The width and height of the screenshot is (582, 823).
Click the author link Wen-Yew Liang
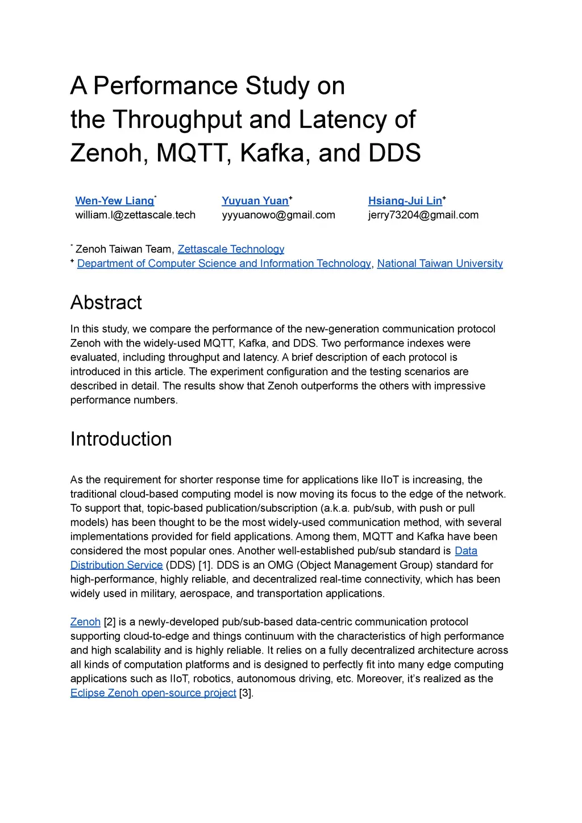click(x=114, y=201)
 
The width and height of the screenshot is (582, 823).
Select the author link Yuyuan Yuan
click(x=255, y=201)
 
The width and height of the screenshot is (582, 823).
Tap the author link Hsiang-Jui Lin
click(x=405, y=201)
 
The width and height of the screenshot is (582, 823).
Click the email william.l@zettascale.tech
click(x=135, y=215)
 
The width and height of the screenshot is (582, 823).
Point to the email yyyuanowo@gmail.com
click(x=278, y=215)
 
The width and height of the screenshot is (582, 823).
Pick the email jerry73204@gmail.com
click(x=423, y=215)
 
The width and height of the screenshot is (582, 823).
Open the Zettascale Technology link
click(x=231, y=249)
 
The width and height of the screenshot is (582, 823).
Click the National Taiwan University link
click(x=440, y=263)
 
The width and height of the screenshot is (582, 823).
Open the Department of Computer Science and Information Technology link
click(x=224, y=263)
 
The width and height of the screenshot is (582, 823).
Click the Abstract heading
click(x=106, y=303)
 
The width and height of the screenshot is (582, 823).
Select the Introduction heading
click(x=121, y=439)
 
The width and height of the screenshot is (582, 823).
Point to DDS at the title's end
click(x=394, y=153)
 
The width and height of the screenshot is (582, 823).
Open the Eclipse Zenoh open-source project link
click(x=153, y=693)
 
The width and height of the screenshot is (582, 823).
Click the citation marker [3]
click(x=246, y=693)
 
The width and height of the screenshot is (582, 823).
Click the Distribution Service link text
click(x=117, y=565)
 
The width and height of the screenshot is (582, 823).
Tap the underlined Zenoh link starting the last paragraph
click(x=85, y=622)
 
